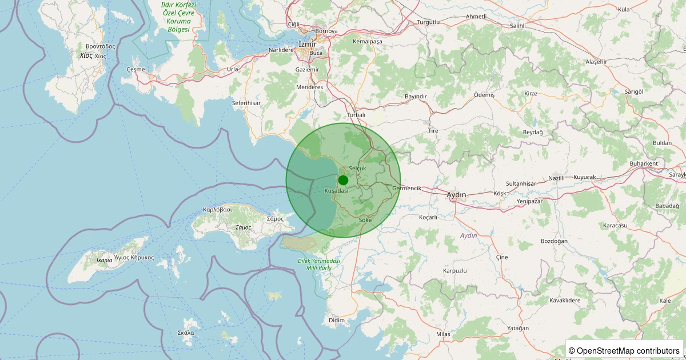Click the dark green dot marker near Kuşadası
[343, 180]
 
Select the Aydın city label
[456, 195]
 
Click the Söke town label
[365, 219]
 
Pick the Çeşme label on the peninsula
[135, 69]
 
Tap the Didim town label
[337, 320]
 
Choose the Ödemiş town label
[484, 95]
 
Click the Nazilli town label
[556, 178]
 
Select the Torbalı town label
[356, 115]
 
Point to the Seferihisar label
[246, 103]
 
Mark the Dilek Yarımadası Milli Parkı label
[319, 264]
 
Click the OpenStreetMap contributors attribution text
[624, 350]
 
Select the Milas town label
[443, 334]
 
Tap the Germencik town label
[407, 188]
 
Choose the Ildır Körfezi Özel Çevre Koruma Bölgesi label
[178, 17]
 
